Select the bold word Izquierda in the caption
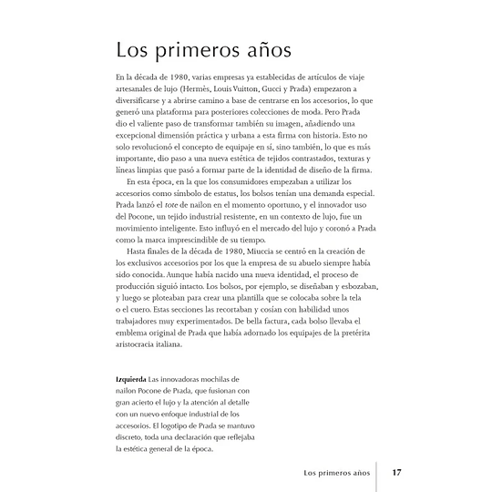(124, 377)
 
